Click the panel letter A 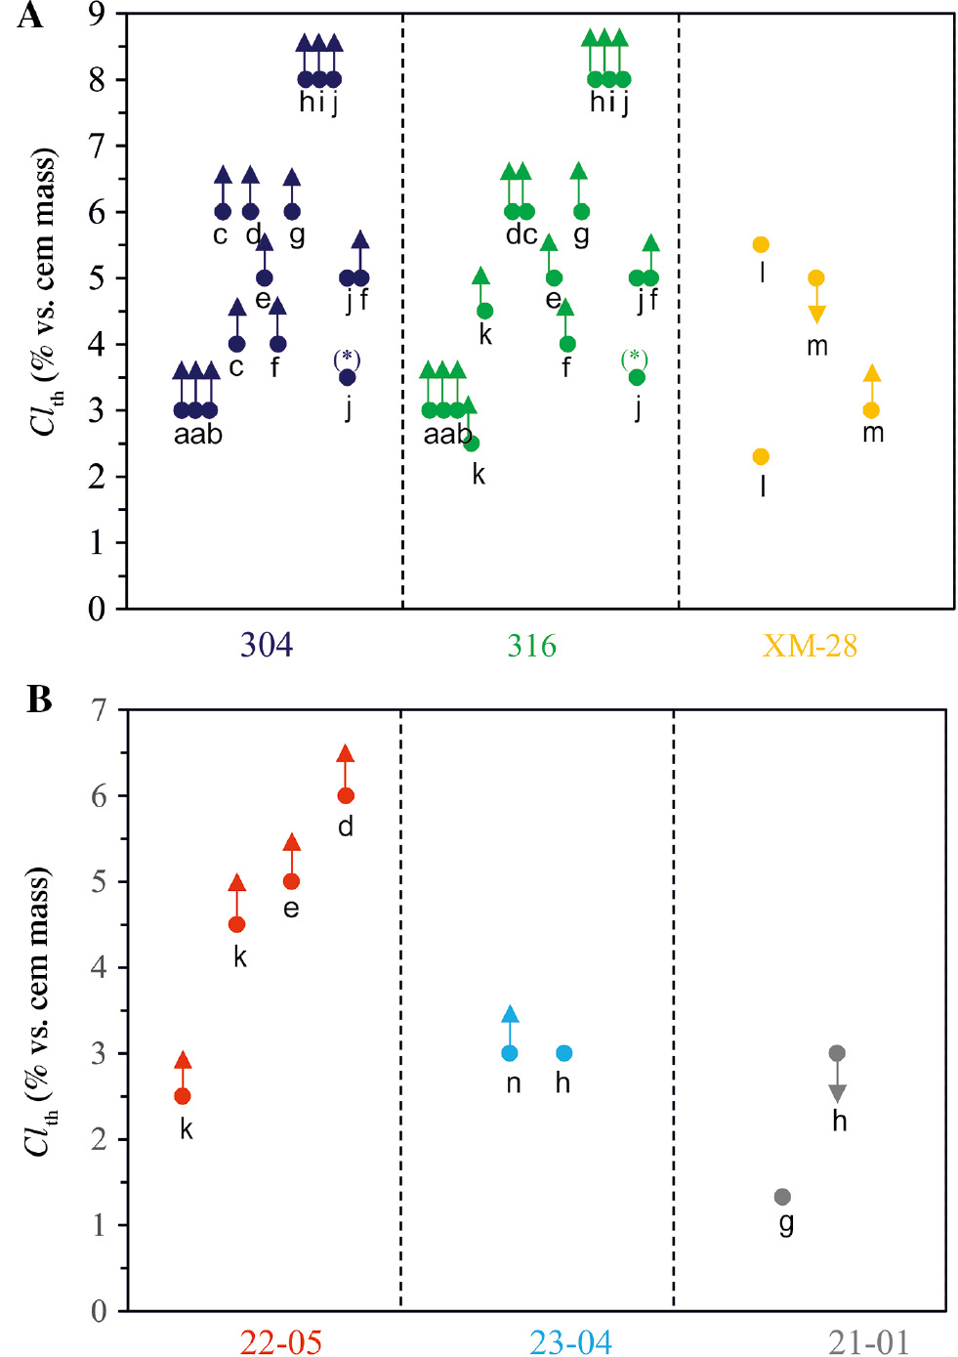click(x=29, y=17)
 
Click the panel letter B click(x=38, y=700)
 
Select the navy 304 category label click(x=267, y=645)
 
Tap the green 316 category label click(x=531, y=645)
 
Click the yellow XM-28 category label click(x=810, y=645)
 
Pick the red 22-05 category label click(x=280, y=1342)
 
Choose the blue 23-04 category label click(x=570, y=1342)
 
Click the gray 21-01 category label click(x=868, y=1342)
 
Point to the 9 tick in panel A click(x=97, y=15)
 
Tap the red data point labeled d click(x=346, y=796)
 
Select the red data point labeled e click(x=291, y=881)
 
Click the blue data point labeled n click(x=510, y=1053)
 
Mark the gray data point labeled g click(x=782, y=1197)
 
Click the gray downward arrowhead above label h click(x=837, y=1093)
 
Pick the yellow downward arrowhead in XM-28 click(x=817, y=315)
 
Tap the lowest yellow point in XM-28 click(x=762, y=456)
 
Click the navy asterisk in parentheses click(x=347, y=359)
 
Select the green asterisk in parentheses click(x=635, y=359)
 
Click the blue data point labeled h click(x=563, y=1053)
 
